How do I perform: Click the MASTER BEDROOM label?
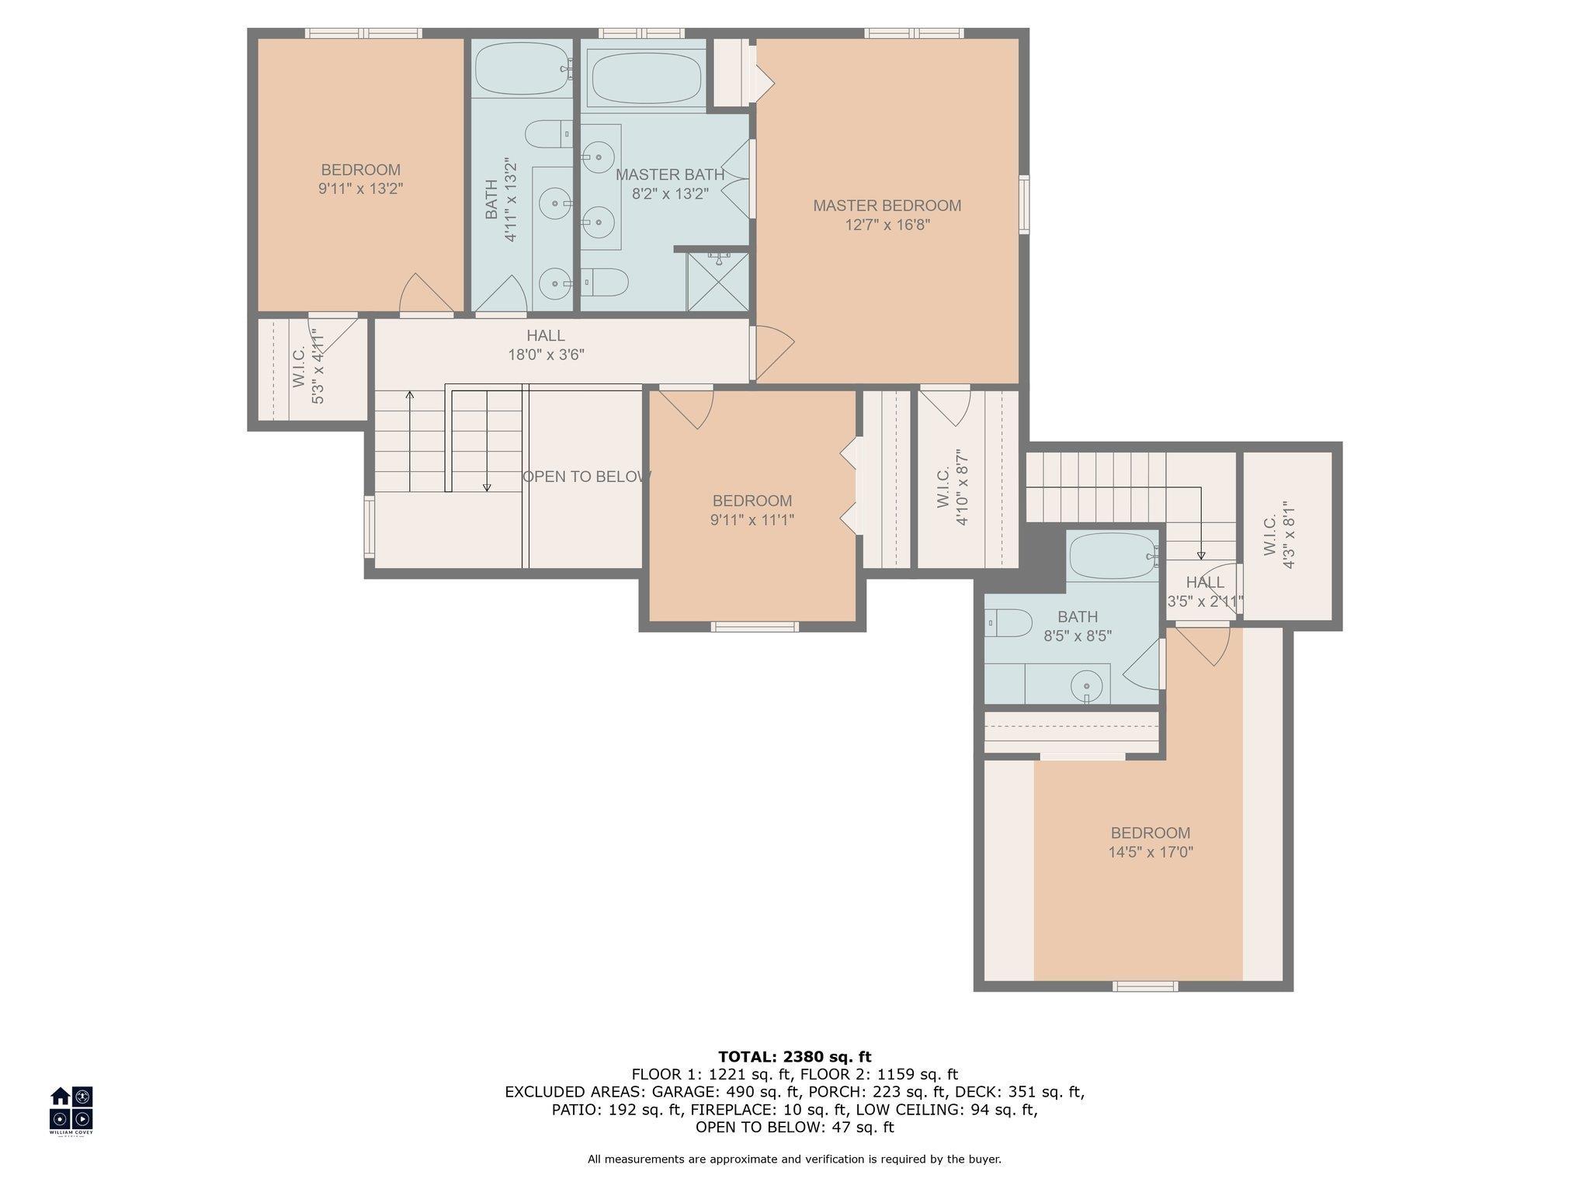[x=887, y=206]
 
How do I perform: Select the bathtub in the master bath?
[x=645, y=78]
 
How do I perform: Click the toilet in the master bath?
[x=604, y=282]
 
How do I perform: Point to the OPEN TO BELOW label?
[x=586, y=476]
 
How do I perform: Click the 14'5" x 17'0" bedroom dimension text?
[x=1151, y=852]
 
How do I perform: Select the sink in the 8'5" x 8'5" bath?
[x=1087, y=686]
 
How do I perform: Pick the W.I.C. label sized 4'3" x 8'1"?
[x=1279, y=535]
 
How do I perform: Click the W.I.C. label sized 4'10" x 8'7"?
[x=953, y=487]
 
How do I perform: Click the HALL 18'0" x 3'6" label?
[x=545, y=345]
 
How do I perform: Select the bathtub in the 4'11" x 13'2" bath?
[x=522, y=70]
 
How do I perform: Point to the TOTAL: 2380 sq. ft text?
[x=795, y=1056]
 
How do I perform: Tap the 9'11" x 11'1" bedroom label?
[x=752, y=511]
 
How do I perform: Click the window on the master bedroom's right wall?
[x=1024, y=204]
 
